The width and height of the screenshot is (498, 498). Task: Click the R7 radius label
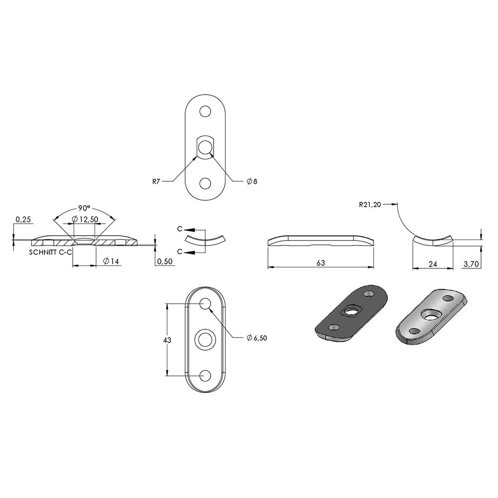[x=156, y=182]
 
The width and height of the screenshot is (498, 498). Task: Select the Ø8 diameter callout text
[x=252, y=182]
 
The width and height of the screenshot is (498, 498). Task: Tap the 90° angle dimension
[x=84, y=208]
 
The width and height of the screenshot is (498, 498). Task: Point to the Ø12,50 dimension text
[x=85, y=219]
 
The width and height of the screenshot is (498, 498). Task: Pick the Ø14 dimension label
[x=111, y=261]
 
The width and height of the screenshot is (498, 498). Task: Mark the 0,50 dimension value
[x=165, y=261]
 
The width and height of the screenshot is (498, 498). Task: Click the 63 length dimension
[x=321, y=263]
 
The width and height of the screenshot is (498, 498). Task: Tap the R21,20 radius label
[x=370, y=205]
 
